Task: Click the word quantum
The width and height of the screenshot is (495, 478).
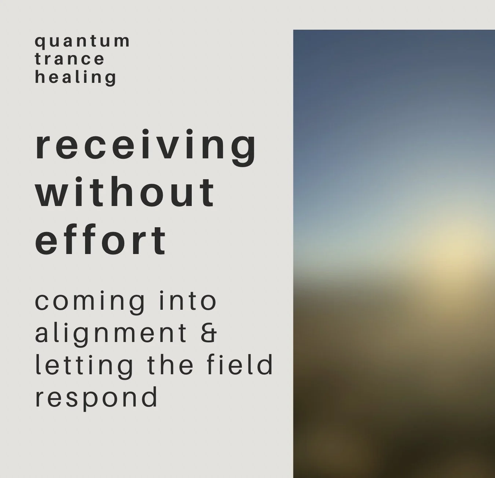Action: tap(82, 41)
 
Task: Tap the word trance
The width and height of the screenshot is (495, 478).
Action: tap(70, 59)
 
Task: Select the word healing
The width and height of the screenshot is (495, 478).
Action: tap(76, 77)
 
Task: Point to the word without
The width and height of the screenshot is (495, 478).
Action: tap(125, 192)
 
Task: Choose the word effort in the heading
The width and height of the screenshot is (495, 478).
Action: tap(100, 240)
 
